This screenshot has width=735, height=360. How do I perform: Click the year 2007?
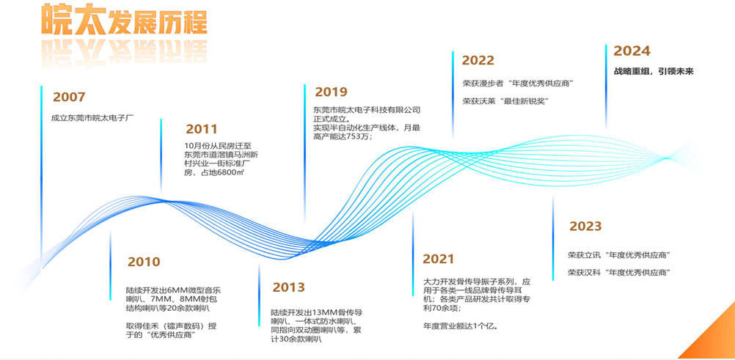pos(69,97)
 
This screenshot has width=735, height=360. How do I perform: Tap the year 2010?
pos(144,262)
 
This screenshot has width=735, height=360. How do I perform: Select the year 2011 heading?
pos(202,129)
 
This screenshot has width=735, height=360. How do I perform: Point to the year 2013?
pos(289,287)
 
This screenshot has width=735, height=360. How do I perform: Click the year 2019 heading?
pos(331,92)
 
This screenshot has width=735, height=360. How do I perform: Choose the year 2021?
pos(438,259)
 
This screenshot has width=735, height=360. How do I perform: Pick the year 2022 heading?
pos(478,60)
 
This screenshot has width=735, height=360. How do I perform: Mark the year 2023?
pos(585,226)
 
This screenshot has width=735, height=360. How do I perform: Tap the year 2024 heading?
pos(632,51)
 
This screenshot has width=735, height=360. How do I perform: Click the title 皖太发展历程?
pos(124,20)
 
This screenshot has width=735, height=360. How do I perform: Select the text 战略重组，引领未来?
pos(654,72)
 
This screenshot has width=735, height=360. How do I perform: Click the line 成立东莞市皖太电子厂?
pos(93,117)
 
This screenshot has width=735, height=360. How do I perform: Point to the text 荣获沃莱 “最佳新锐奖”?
pos(506,100)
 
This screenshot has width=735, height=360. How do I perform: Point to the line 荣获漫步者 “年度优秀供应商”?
pos(519,84)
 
